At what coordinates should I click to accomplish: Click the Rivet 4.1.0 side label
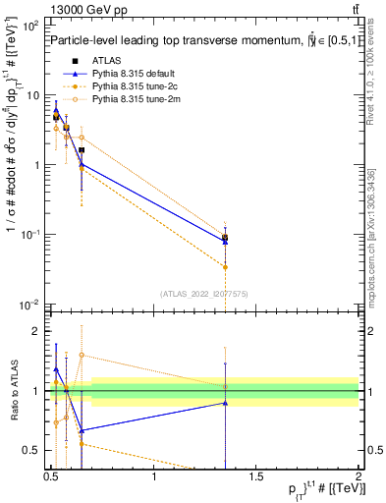369,69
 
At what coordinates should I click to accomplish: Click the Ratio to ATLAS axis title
15,390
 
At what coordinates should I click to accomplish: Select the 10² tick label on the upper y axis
29,26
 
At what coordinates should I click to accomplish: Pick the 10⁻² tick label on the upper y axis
29,305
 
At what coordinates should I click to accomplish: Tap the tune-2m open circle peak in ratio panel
82,355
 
